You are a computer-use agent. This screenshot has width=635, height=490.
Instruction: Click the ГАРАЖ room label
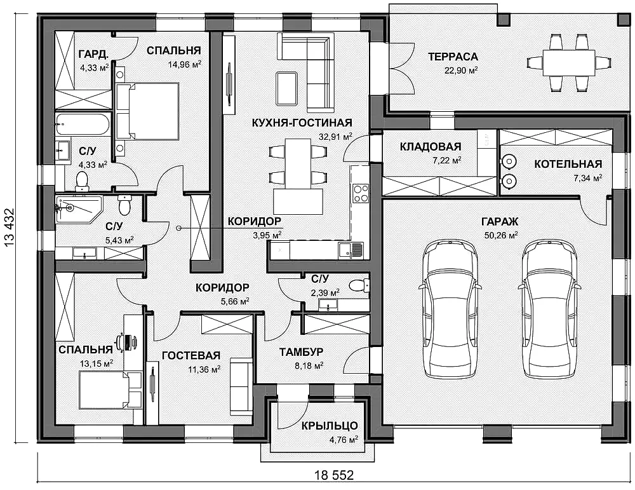click(500, 222)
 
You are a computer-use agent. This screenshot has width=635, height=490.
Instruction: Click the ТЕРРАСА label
click(453, 57)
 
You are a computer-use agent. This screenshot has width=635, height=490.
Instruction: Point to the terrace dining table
click(568, 62)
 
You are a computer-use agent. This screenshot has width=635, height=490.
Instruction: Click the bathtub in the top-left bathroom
click(82, 124)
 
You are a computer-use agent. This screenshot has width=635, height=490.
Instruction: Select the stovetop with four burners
click(361, 193)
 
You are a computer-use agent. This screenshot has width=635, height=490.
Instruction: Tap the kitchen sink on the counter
click(351, 250)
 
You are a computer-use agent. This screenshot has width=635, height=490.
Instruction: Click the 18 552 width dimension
click(334, 475)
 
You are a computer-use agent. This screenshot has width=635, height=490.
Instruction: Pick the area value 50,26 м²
click(501, 235)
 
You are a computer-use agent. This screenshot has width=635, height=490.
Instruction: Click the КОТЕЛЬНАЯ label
click(568, 164)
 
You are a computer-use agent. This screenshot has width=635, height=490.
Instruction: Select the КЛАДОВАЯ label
click(431, 146)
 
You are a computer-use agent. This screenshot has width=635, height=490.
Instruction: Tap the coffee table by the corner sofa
click(286, 88)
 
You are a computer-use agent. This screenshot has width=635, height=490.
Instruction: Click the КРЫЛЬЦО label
click(329, 426)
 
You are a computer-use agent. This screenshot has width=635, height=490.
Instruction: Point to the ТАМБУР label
click(301, 352)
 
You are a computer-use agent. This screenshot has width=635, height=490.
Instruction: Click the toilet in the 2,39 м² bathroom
click(359, 285)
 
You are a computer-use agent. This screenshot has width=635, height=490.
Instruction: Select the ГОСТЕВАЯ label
click(191, 355)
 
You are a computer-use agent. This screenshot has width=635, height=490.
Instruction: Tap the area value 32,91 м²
click(335, 137)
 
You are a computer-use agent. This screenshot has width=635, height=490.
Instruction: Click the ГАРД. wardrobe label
click(93, 54)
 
